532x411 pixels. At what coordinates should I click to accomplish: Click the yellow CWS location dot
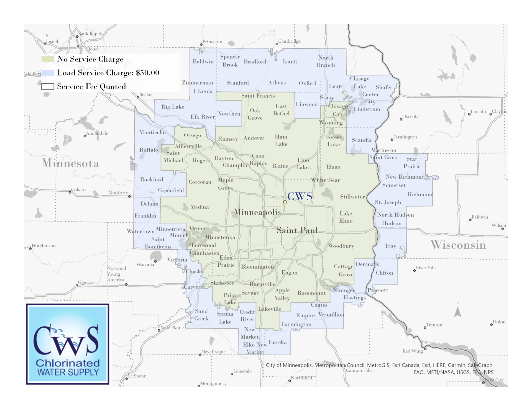point(285,202)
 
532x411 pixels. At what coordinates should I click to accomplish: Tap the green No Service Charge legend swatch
point(47,59)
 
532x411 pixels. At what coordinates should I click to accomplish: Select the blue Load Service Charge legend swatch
point(47,73)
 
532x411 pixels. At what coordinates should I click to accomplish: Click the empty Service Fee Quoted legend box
point(47,87)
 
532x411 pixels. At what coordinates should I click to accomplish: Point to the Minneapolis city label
point(257,212)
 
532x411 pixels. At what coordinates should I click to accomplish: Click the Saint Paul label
point(297,230)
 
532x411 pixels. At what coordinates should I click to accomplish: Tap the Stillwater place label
point(352,197)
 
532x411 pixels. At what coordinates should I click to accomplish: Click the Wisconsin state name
point(458,245)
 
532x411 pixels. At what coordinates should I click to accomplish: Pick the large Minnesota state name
point(70,163)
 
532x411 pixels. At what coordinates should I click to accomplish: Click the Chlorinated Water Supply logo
point(68,344)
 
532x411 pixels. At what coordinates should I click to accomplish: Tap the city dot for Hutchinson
point(30,248)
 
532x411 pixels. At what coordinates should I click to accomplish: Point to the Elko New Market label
point(255,348)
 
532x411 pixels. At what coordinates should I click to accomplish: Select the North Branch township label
point(326,61)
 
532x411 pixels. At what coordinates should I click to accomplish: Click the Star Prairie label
point(412,163)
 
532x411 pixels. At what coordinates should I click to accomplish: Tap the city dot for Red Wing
point(425,349)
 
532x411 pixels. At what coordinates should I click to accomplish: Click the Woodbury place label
point(341,246)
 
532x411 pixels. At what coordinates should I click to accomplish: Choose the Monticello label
point(152,132)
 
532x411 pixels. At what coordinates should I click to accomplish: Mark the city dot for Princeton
point(201,45)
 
